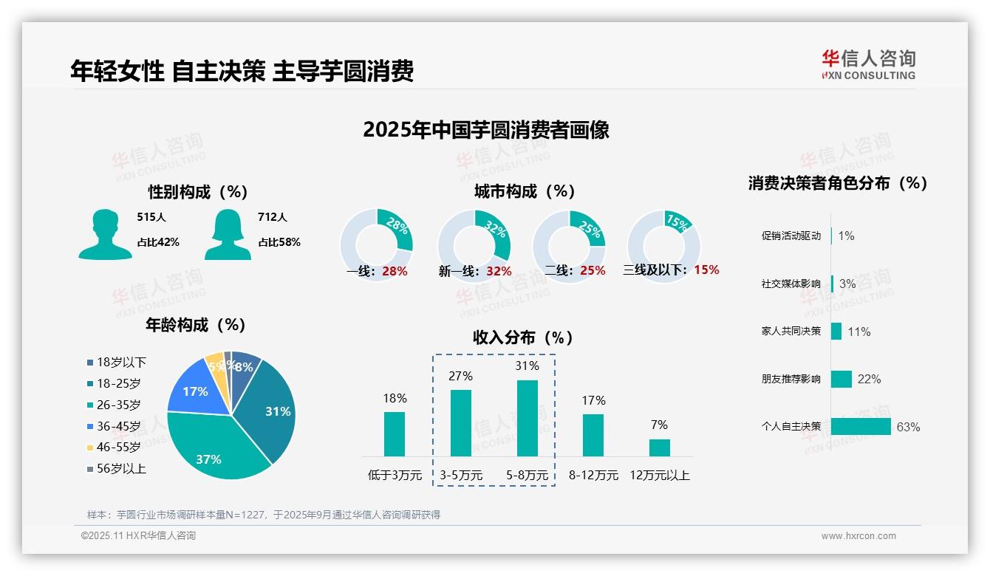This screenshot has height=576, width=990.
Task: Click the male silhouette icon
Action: pyautogui.click(x=105, y=235)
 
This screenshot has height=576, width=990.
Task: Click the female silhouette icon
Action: pyautogui.click(x=228, y=235)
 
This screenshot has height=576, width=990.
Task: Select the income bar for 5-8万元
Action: pyautogui.click(x=527, y=418)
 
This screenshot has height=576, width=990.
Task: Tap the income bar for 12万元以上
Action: pyautogui.click(x=659, y=448)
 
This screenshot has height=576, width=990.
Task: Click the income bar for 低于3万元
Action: pyautogui.click(x=395, y=434)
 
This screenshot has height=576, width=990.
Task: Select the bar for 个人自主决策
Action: pyautogui.click(x=861, y=426)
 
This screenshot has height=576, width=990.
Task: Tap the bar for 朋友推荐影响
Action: pyautogui.click(x=841, y=379)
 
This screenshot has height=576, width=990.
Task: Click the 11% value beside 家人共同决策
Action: pyautogui.click(x=858, y=332)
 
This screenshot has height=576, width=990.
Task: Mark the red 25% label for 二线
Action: pyautogui.click(x=593, y=271)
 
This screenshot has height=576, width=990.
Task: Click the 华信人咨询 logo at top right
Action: pyautogui.click(x=868, y=64)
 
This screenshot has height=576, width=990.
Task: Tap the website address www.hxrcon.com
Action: pyautogui.click(x=858, y=536)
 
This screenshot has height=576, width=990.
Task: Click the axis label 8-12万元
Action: pyautogui.click(x=593, y=476)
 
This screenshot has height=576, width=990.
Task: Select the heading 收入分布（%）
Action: pyautogui.click(x=523, y=337)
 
